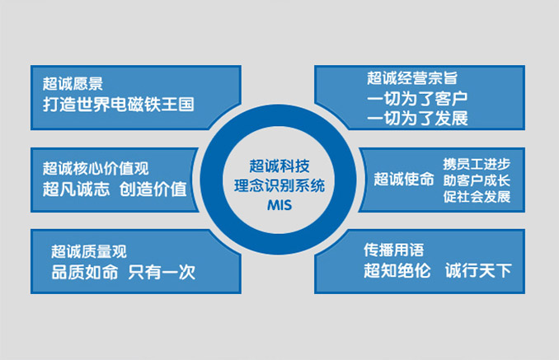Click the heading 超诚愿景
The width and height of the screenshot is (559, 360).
tap(73, 84)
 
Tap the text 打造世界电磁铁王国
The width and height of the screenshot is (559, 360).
tap(119, 105)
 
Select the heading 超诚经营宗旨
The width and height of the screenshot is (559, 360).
tap(412, 78)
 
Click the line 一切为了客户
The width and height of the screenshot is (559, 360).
tap(417, 99)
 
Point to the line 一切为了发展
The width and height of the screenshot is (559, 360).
tap(417, 119)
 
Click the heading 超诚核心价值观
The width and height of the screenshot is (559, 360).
tap(96, 168)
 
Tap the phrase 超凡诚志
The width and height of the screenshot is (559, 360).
tap(76, 189)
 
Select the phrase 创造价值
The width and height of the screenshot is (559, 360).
tap(153, 189)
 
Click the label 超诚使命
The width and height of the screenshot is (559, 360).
tap(403, 179)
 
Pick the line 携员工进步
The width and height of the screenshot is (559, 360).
tap(477, 164)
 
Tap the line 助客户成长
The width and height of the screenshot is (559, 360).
tap(477, 180)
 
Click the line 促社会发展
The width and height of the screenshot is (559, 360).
tap(477, 197)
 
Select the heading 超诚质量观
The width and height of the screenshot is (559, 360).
tap(89, 251)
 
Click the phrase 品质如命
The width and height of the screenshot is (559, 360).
tap(84, 273)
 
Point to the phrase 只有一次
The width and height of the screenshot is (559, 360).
tap(162, 273)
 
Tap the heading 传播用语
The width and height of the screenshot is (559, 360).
tap(393, 250)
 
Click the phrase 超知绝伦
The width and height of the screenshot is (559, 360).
tap(397, 271)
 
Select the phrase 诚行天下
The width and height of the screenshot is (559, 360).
tap(478, 271)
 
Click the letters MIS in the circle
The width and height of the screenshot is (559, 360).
tap(279, 205)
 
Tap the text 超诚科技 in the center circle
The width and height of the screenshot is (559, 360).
tap(279, 166)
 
